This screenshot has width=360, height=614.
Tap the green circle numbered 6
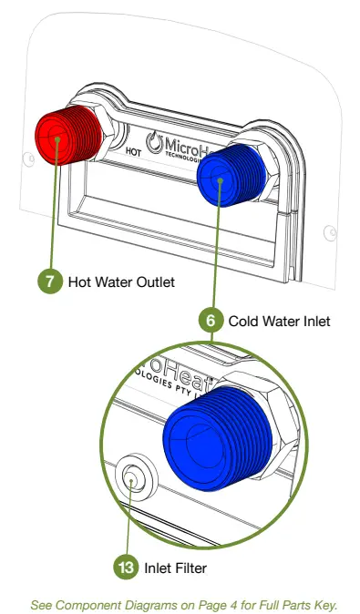tap(211, 321)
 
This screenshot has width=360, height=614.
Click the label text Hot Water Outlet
tap(121, 281)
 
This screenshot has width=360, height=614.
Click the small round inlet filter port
tap(133, 477)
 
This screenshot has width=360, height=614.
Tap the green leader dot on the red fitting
tap(57, 140)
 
